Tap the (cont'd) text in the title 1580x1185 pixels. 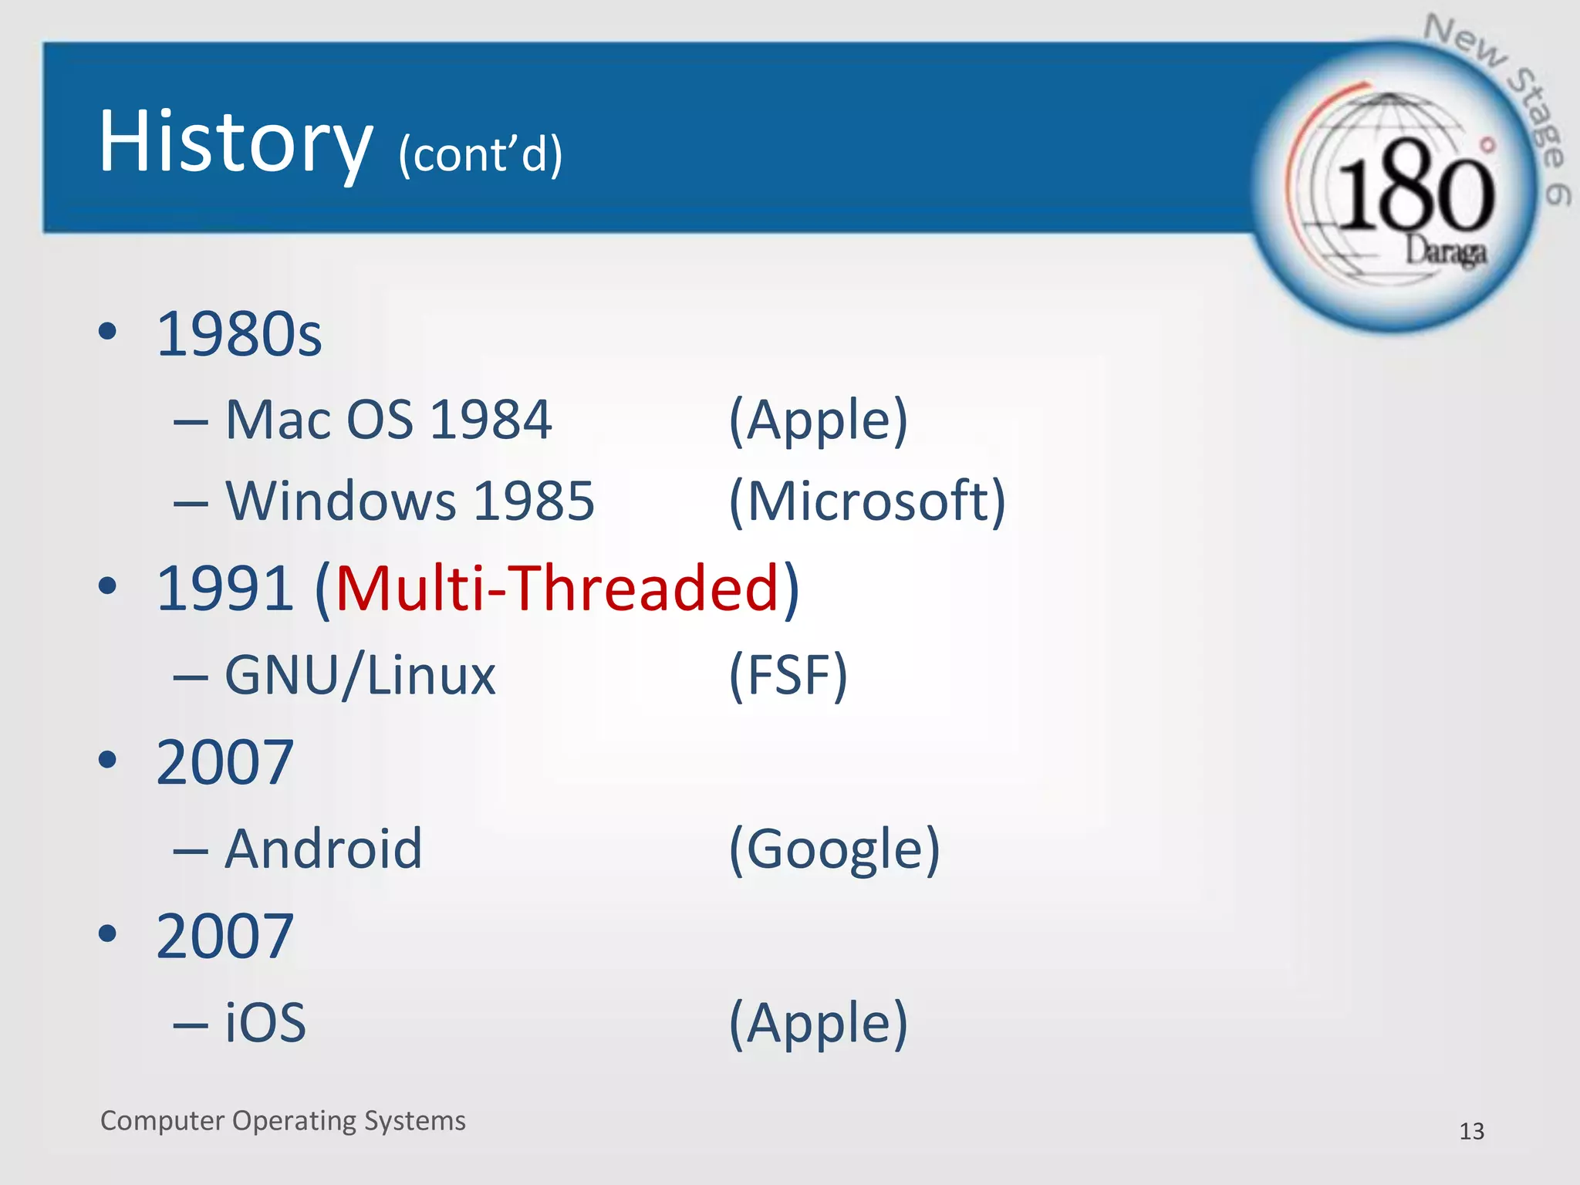coord(480,154)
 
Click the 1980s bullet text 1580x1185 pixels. coord(239,335)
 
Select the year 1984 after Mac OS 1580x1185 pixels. coord(491,420)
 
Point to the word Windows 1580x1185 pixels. coord(339,501)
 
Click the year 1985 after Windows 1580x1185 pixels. coord(534,501)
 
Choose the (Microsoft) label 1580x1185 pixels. coord(867,501)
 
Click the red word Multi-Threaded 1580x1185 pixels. coord(557,588)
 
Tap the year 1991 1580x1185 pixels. coord(225,588)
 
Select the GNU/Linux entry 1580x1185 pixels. coord(360,676)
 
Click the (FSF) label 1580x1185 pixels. coord(788,676)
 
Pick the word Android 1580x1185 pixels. coord(323,849)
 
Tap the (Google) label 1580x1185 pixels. coord(834,849)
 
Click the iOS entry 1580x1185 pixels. coord(265,1023)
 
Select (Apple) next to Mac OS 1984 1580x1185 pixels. coord(818,420)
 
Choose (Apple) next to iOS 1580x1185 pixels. coord(818,1023)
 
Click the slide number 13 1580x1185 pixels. coord(1471,1131)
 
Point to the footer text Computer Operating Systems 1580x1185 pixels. coord(282,1120)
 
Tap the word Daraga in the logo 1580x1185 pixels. coord(1444,252)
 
